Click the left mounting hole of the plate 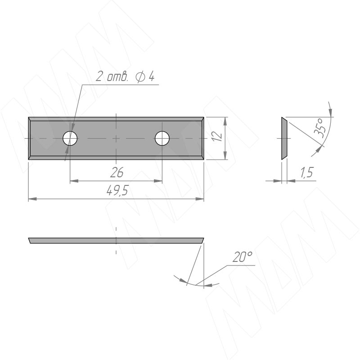tap(70, 139)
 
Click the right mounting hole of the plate tap(162, 139)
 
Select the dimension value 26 tap(117, 172)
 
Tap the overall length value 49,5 tap(117, 190)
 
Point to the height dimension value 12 tap(218, 136)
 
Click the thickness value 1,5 tap(306, 172)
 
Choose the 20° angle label tap(242, 256)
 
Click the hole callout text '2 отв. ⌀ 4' tap(125, 76)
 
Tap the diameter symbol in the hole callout tap(140, 76)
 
